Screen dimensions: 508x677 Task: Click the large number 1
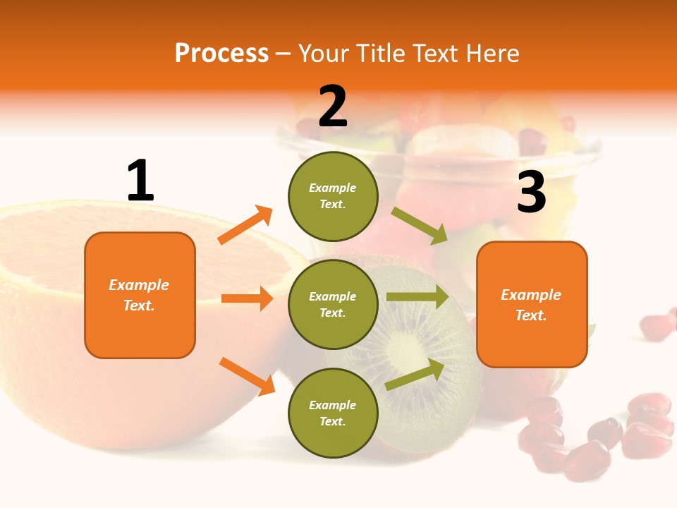coord(140,181)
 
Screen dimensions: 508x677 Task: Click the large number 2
coord(333,107)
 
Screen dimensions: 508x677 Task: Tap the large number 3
coord(531,193)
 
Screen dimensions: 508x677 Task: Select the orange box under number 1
coord(140,295)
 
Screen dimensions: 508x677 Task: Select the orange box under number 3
coord(532,304)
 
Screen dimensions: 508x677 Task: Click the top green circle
coord(333,196)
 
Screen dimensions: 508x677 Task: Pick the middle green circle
coord(333,304)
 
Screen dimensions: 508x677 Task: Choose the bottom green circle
coord(333,413)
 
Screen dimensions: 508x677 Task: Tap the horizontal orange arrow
coord(247,298)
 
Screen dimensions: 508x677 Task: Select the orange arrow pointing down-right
coord(247,375)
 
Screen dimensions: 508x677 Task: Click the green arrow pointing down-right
coord(419,225)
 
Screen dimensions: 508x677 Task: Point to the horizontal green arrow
coord(417,297)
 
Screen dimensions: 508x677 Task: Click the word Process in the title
coord(221,53)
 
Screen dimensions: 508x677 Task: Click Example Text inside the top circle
coord(333,196)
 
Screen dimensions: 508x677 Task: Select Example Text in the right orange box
coord(531,305)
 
